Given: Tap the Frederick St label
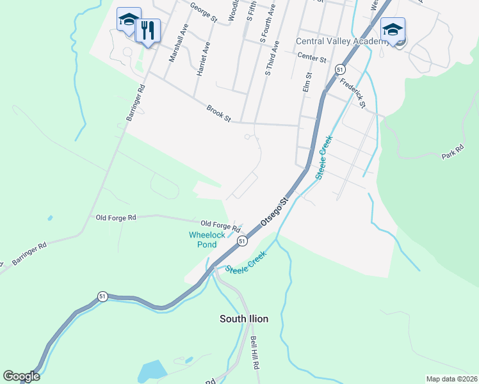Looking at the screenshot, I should [x=353, y=93].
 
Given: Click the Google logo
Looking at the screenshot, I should [x=21, y=376].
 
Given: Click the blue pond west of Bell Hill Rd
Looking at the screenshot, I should [x=152, y=370].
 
